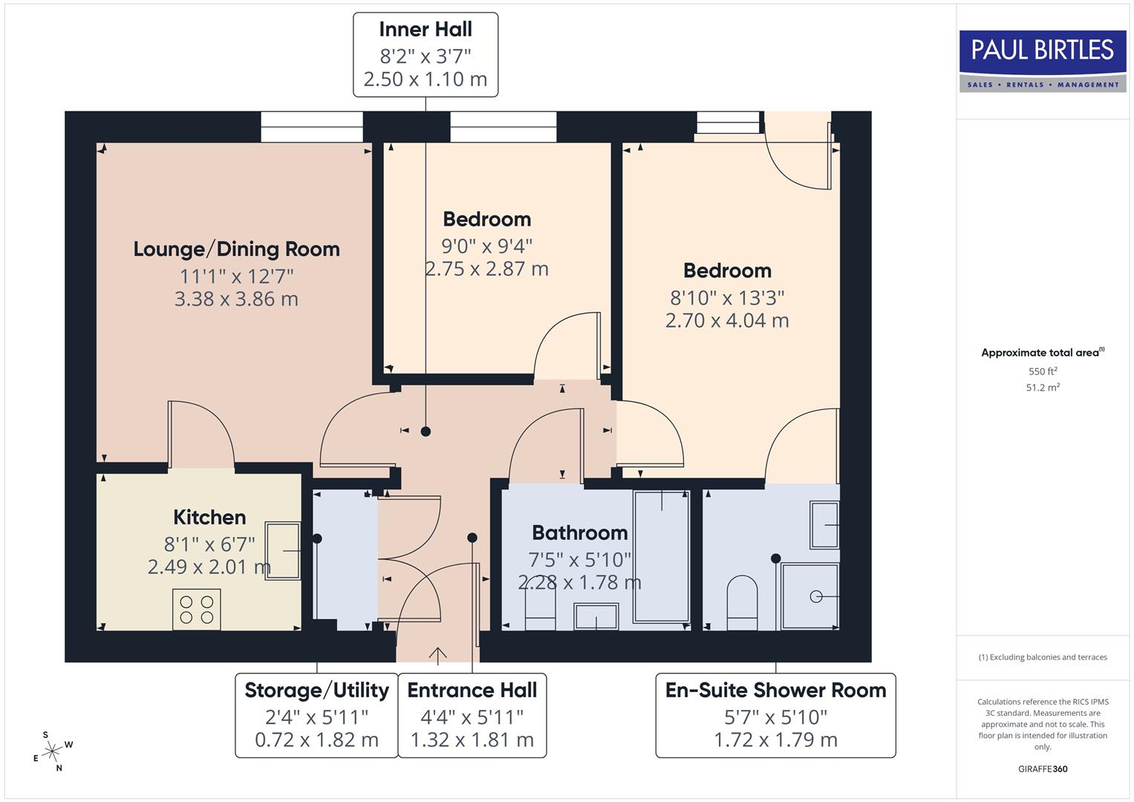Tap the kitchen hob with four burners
197,609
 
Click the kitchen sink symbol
283,550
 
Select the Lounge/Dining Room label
236,249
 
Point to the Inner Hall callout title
425,30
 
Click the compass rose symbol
52,752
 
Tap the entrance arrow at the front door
437,654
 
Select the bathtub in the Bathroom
661,555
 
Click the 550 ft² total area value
1042,371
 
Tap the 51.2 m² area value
1042,388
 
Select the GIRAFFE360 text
1042,769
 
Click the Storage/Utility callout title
316,691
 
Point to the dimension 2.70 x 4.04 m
726,321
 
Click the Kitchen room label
209,517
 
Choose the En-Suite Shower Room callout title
775,691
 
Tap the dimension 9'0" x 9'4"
486,245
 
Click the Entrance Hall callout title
472,691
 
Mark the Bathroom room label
579,532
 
